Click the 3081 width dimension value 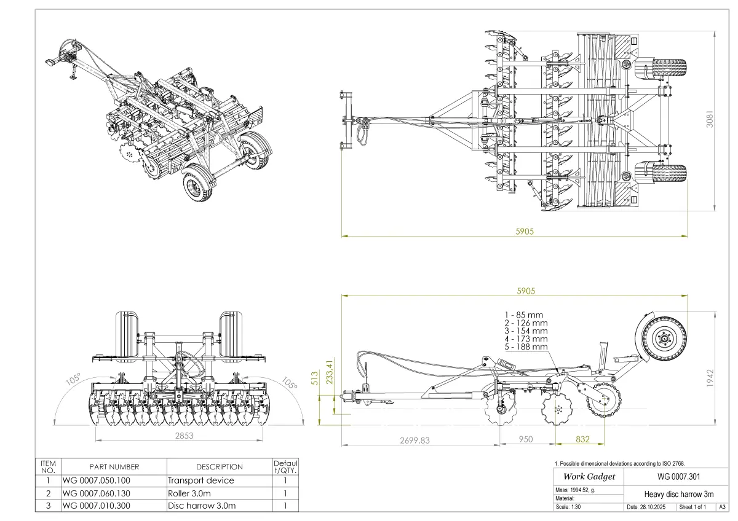pyautogui.click(x=710, y=119)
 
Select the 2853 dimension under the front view pyautogui.click(x=184, y=436)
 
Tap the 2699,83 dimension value pyautogui.click(x=415, y=441)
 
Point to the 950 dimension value pyautogui.click(x=525, y=439)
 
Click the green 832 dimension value pyautogui.click(x=582, y=439)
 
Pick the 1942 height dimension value pyautogui.click(x=710, y=378)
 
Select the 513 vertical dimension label pyautogui.click(x=315, y=378)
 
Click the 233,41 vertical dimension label pyautogui.click(x=329, y=372)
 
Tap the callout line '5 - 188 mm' pyautogui.click(x=526, y=347)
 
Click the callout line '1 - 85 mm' pyautogui.click(x=523, y=315)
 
